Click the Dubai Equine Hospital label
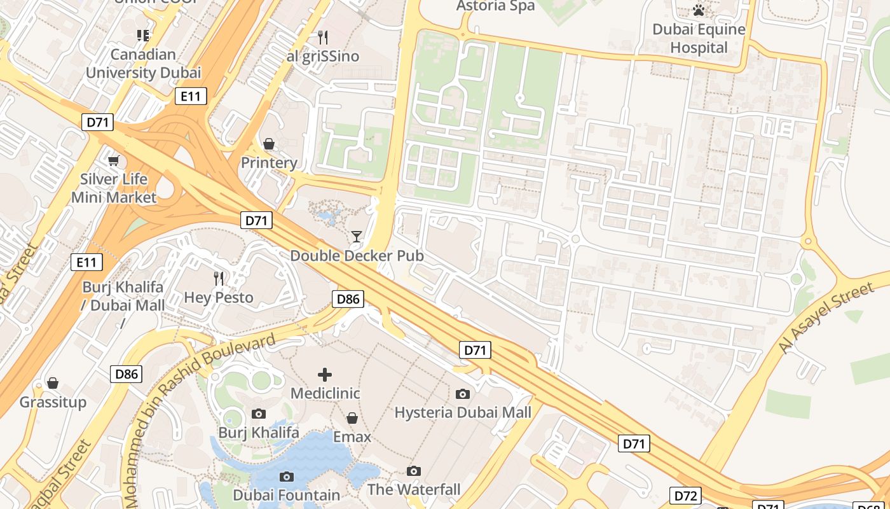(x=699, y=39)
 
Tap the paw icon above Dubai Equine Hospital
(x=699, y=10)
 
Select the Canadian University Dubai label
(x=143, y=64)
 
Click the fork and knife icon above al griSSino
(x=323, y=37)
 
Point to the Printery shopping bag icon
(x=269, y=144)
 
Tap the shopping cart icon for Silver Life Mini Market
(x=113, y=160)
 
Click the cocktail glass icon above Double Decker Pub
(x=357, y=237)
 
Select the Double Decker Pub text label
(x=357, y=256)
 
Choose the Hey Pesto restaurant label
(x=219, y=297)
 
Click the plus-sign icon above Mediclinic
(x=325, y=374)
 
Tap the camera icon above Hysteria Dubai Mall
(x=463, y=394)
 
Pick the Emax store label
(x=352, y=437)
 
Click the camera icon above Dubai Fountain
(x=287, y=477)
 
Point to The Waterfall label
(x=414, y=490)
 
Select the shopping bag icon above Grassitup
(x=53, y=383)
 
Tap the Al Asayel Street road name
(x=826, y=318)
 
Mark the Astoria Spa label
(x=496, y=6)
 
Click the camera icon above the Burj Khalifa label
(x=258, y=414)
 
